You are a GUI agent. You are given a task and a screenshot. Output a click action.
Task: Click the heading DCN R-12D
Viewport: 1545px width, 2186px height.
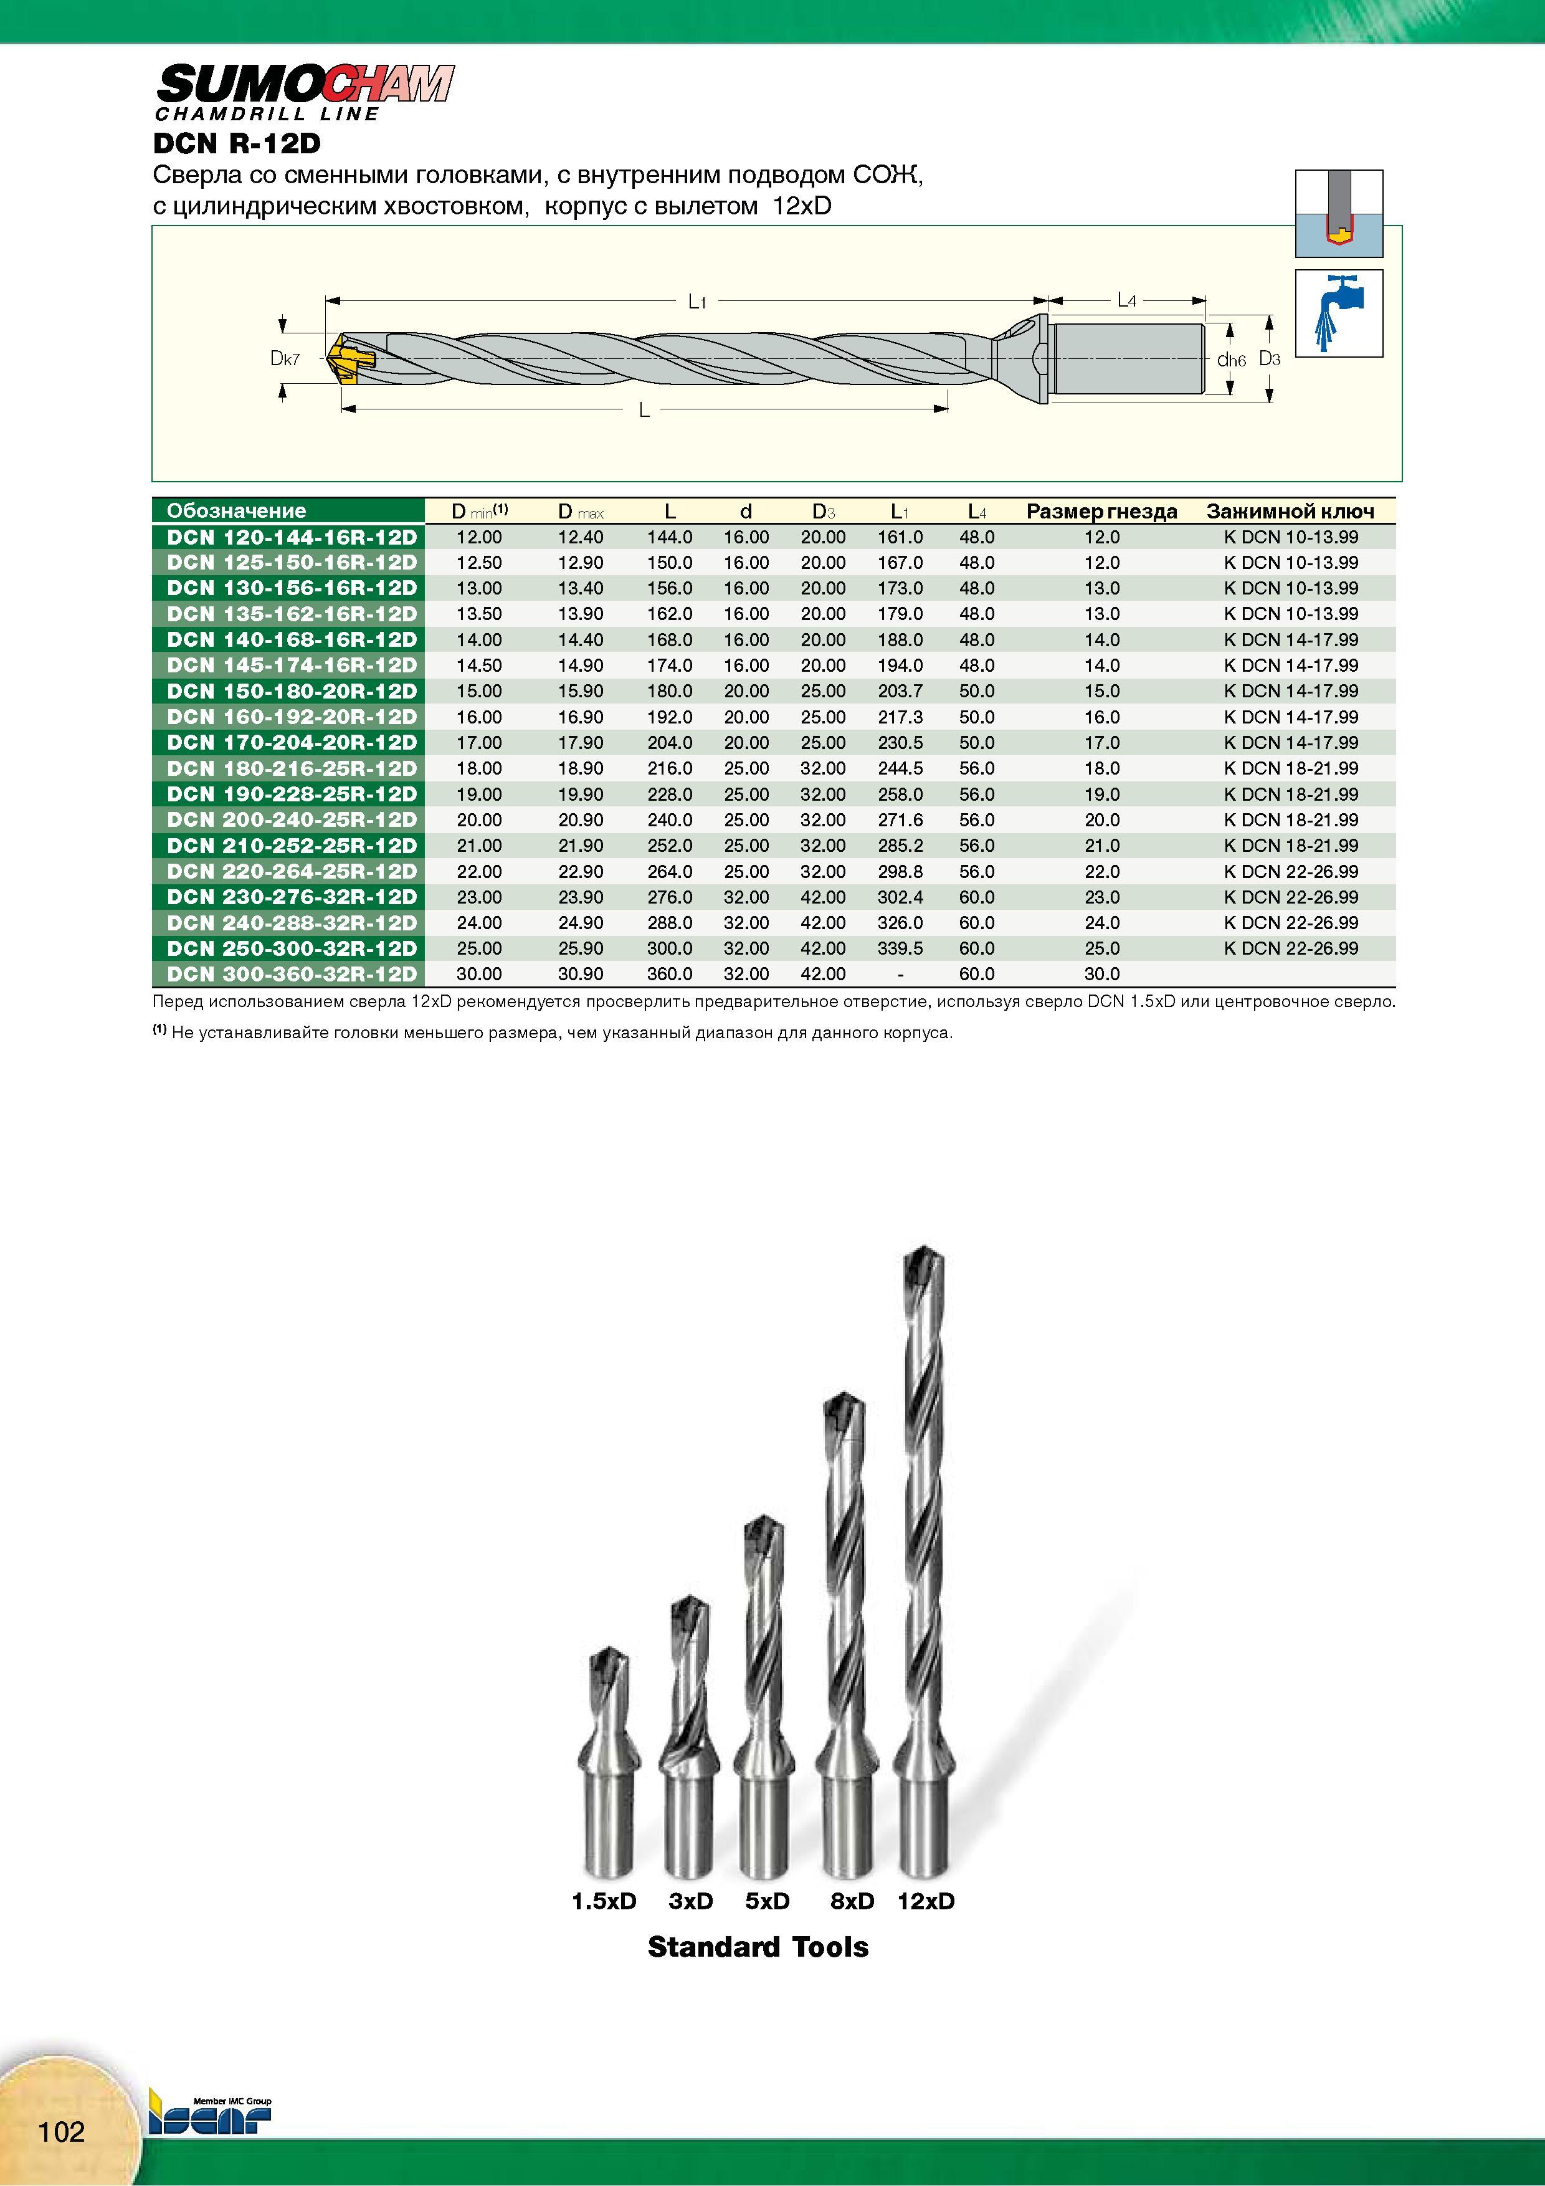click(x=237, y=144)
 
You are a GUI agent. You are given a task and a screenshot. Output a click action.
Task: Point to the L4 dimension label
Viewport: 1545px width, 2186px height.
click(x=1126, y=301)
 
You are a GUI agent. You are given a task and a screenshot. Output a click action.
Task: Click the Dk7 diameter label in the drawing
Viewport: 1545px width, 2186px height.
click(x=285, y=359)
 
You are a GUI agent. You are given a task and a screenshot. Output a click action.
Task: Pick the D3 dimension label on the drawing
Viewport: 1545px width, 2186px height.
click(x=1270, y=359)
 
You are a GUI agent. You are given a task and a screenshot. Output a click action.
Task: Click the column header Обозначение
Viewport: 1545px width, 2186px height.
click(x=236, y=510)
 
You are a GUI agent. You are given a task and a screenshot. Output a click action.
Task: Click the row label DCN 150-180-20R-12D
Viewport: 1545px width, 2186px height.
click(x=292, y=691)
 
